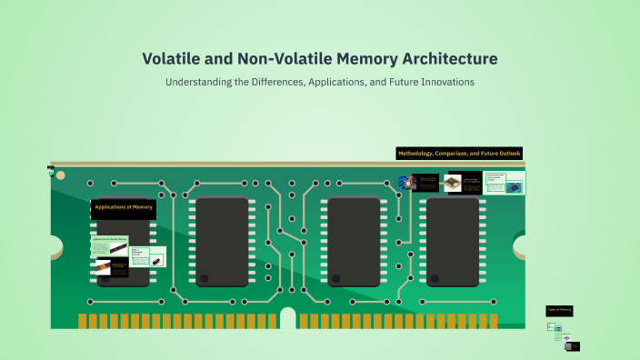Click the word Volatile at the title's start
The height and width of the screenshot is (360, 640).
171,59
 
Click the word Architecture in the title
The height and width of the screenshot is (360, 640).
446,59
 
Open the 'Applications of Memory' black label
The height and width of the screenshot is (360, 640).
124,208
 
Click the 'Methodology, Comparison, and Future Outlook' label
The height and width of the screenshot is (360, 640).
459,154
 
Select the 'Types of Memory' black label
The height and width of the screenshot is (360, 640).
559,310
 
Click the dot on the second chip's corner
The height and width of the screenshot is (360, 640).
205,278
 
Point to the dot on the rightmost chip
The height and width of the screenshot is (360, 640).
435,278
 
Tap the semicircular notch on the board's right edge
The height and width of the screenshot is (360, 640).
520,245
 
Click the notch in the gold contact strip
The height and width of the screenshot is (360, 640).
288,319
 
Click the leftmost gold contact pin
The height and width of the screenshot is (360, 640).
82,321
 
